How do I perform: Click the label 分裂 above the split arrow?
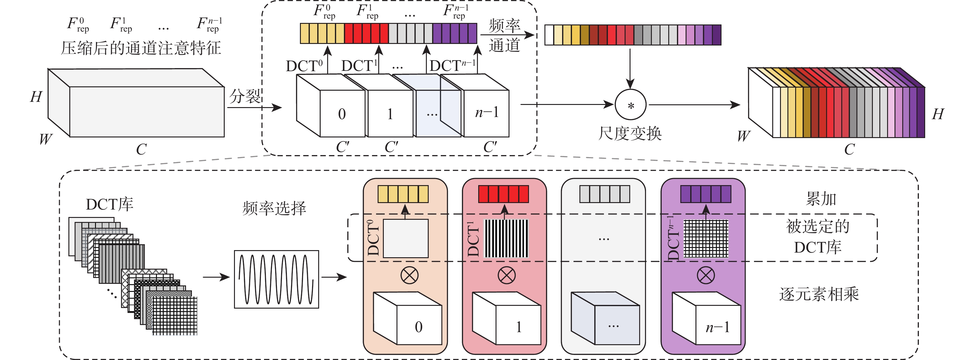tap(245, 96)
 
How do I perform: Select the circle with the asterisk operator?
tap(630, 105)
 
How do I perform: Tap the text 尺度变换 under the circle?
tap(630, 133)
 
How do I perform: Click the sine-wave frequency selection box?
tap(276, 279)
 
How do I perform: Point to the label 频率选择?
tap(274, 208)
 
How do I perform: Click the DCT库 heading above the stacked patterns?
tap(109, 204)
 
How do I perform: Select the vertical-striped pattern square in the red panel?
tap(506, 238)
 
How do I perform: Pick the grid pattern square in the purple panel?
tap(706, 238)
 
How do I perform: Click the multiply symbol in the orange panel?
tap(409, 275)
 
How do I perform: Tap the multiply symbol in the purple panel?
tap(705, 275)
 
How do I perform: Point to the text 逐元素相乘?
tap(819, 294)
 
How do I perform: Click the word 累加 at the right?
tap(821, 199)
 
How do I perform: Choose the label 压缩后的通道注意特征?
tap(141, 48)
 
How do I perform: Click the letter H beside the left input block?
tap(36, 97)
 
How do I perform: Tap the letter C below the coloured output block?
tap(849, 150)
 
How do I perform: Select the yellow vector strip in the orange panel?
tap(403, 194)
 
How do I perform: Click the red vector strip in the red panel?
tap(503, 194)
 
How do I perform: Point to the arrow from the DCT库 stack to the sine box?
tap(216, 277)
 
